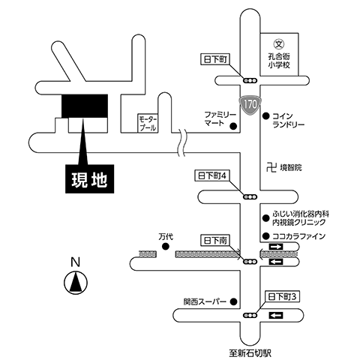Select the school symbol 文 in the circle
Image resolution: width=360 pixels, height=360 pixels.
point(276,44)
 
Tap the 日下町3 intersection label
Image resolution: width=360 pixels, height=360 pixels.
point(283,297)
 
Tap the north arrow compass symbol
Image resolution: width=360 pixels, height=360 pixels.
point(74,283)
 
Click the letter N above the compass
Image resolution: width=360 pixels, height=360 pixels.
point(74,262)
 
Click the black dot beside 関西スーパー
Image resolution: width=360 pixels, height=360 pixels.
point(234,302)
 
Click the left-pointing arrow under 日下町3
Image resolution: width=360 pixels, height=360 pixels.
point(276,316)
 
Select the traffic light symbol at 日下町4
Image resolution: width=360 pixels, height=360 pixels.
point(247,196)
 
